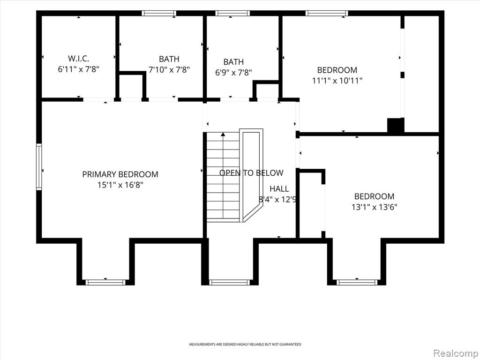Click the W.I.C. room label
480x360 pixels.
point(78,59)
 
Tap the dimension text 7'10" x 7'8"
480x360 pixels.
point(169,70)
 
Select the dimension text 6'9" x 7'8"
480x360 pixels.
point(233,73)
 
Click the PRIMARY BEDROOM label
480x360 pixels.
point(120,174)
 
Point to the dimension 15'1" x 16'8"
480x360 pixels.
point(120,185)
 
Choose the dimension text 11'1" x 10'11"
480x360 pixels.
point(337,81)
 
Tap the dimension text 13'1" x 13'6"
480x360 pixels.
point(374,207)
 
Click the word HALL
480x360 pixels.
point(279,189)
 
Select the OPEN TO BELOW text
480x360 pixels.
point(251,173)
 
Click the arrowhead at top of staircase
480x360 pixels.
point(223,134)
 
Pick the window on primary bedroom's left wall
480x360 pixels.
point(39,167)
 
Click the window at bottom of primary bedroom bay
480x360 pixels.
point(105,282)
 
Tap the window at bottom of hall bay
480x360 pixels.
point(230,282)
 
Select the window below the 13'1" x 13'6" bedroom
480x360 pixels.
point(357,282)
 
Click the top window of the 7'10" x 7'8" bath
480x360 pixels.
point(159,13)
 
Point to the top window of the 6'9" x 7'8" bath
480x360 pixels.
point(232,13)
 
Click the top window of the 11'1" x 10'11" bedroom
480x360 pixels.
point(327,13)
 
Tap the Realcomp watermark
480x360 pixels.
point(456,353)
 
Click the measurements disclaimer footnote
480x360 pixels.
point(245,345)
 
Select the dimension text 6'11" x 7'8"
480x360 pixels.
point(78,69)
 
